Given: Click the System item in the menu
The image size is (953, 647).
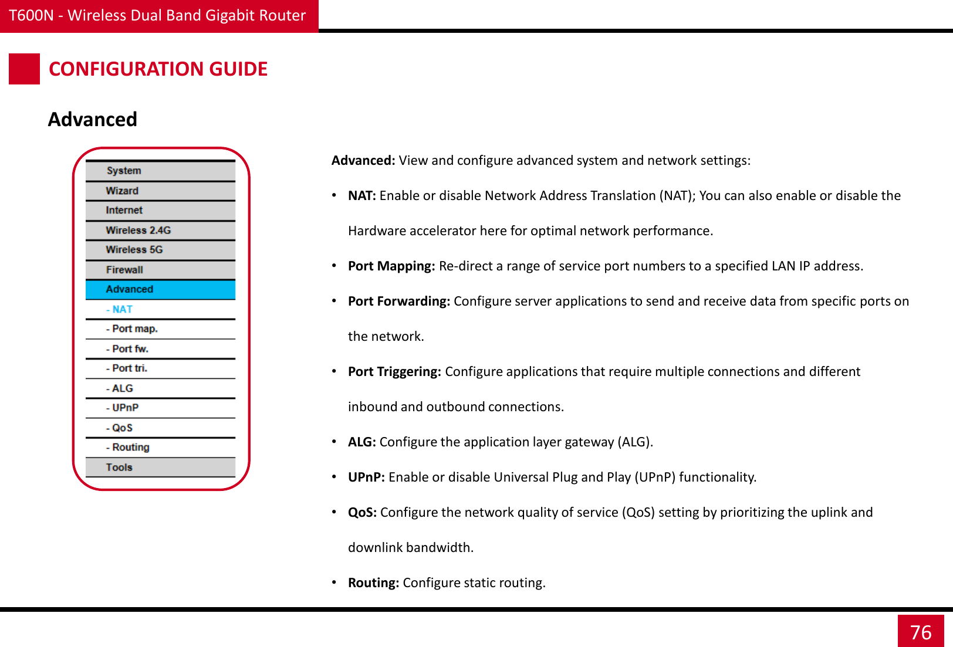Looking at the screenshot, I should pyautogui.click(x=124, y=171).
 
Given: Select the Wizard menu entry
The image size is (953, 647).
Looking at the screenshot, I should pyautogui.click(x=122, y=191).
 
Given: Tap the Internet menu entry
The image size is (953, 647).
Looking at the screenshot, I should pyautogui.click(x=124, y=210).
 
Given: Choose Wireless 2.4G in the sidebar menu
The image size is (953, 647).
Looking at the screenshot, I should pyautogui.click(x=138, y=230).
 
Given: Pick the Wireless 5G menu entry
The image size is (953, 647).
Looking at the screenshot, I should pyautogui.click(x=134, y=249).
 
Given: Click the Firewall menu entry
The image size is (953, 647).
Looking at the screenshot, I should pyautogui.click(x=124, y=270).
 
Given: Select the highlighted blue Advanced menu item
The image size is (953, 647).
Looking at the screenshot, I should pyautogui.click(x=129, y=289).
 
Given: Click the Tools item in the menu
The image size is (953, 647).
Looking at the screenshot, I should pyautogui.click(x=119, y=467).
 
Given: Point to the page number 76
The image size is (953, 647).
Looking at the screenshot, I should pyautogui.click(x=920, y=632).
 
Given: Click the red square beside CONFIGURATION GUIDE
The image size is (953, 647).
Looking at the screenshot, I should pyautogui.click(x=24, y=69).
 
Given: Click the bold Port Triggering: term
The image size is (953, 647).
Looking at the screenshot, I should pyautogui.click(x=394, y=371).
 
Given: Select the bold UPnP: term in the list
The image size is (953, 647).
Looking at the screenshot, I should pyautogui.click(x=366, y=477).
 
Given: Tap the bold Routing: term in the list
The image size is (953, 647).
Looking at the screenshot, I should pyautogui.click(x=373, y=582).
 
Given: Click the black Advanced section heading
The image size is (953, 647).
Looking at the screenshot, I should pyautogui.click(x=93, y=119).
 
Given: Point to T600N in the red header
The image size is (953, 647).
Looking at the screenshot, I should pyautogui.click(x=31, y=15).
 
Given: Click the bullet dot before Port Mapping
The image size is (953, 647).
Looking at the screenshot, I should pyautogui.click(x=334, y=266).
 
